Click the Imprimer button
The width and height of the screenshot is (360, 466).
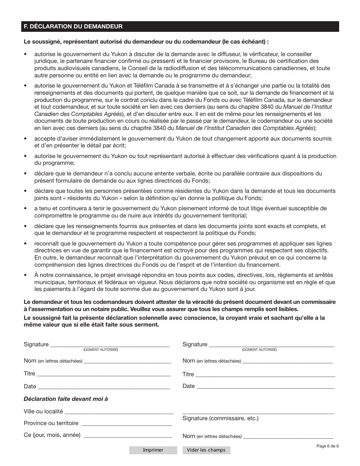point(153,450)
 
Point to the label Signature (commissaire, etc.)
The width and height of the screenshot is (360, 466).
point(220,418)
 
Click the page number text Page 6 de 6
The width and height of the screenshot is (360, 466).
point(327,446)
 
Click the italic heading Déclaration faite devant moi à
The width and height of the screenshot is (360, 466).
point(66,399)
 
